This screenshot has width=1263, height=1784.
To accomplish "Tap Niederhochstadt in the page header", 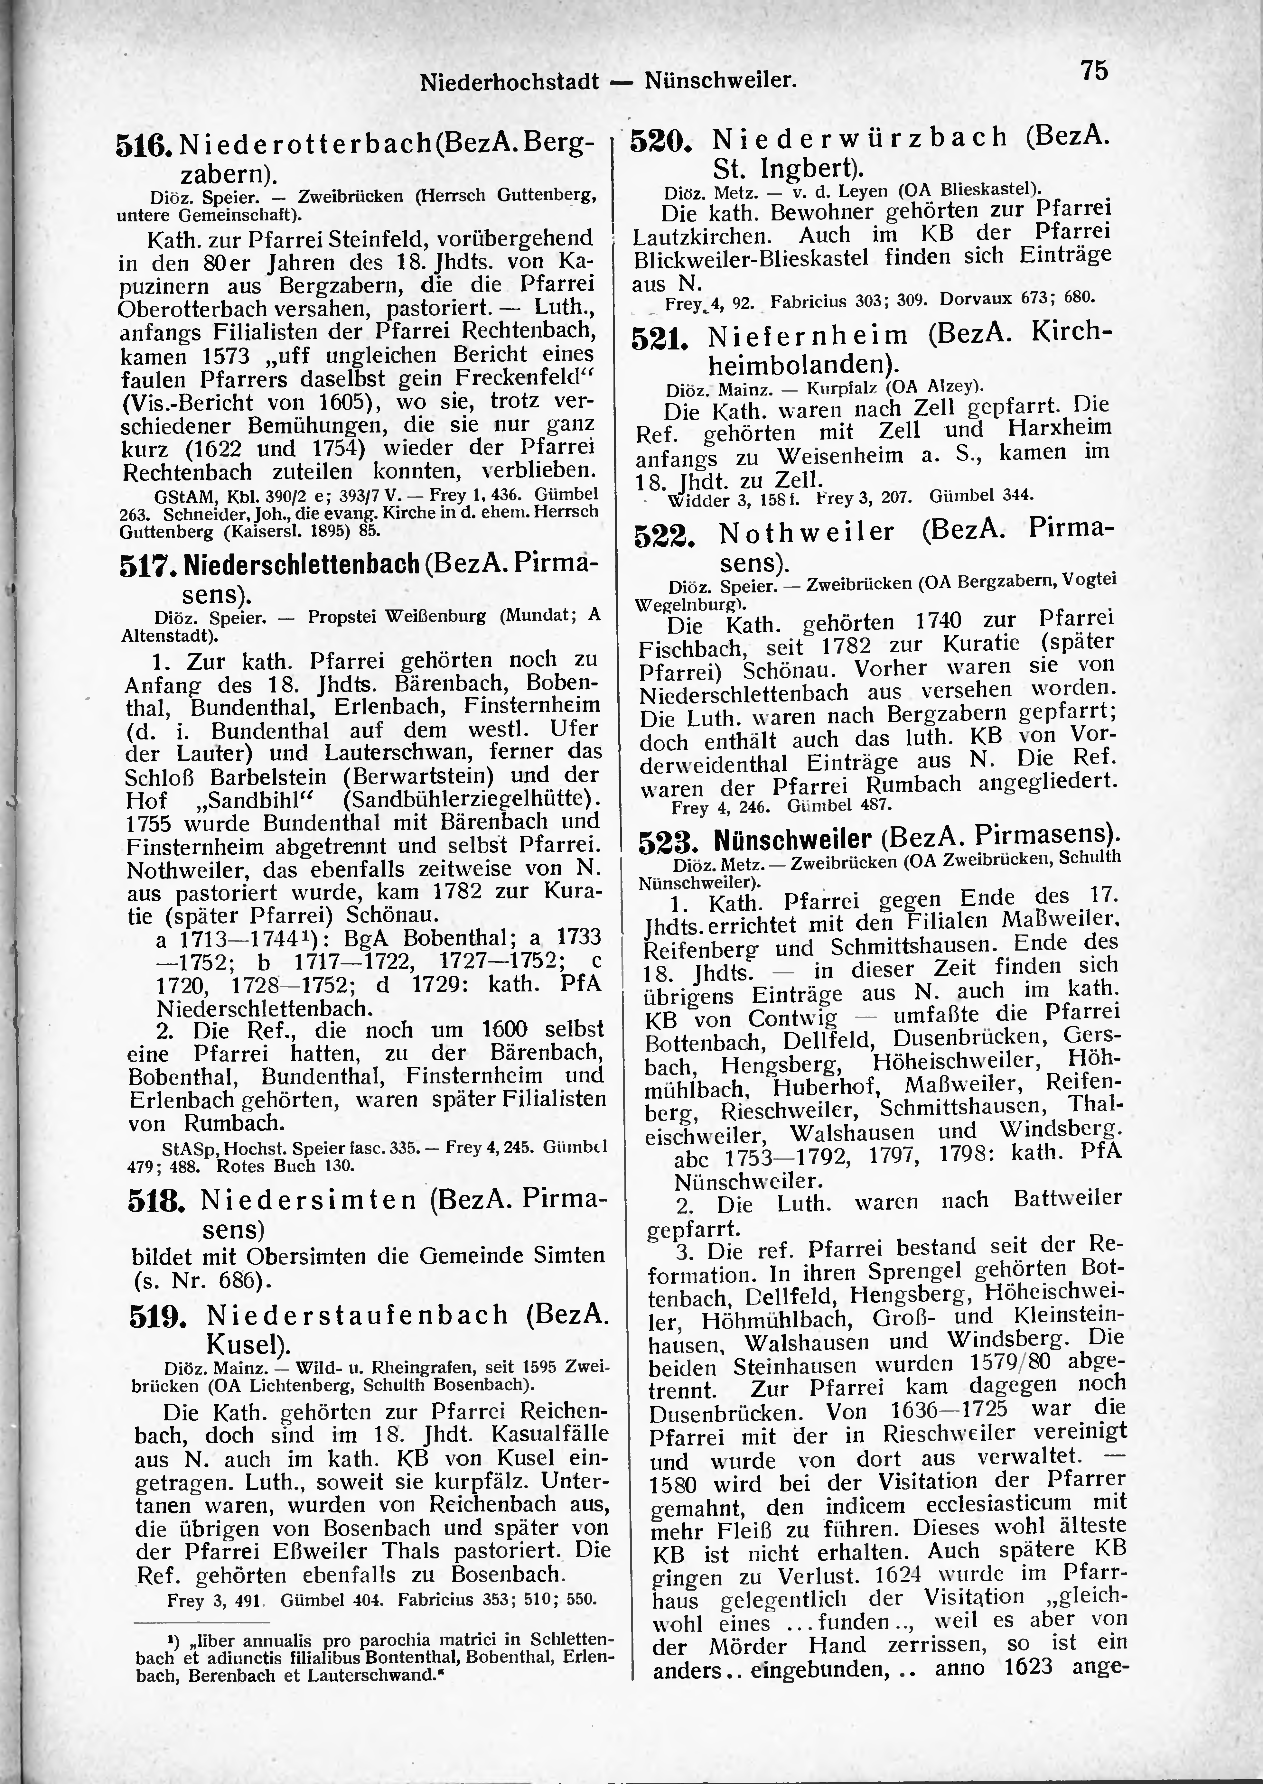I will (x=510, y=81).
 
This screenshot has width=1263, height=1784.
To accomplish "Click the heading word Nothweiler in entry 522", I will (x=807, y=533).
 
